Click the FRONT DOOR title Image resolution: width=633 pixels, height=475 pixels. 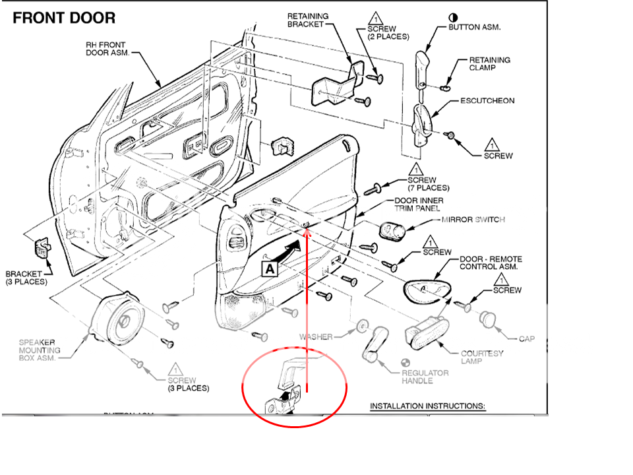coord(64,18)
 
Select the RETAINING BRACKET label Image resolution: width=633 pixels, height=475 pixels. coord(307,20)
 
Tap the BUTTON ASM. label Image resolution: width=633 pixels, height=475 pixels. coord(475,28)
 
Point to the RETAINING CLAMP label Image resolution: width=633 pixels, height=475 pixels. coord(490,63)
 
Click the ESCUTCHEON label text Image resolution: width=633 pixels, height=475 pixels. coord(487,101)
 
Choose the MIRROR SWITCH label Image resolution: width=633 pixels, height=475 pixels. coord(473,219)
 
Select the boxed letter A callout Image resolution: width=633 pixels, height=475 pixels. coord(270,269)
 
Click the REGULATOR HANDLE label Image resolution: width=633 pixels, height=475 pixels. coord(425,377)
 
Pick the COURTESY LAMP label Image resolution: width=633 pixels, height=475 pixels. coord(482,358)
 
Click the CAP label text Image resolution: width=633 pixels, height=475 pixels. coord(527,338)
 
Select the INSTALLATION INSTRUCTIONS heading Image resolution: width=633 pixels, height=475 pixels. coord(427,406)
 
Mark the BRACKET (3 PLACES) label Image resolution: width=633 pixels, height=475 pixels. coord(26,278)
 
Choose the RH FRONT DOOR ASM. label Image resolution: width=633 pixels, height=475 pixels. coord(105,49)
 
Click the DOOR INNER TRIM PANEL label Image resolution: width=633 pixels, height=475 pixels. coord(419,205)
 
